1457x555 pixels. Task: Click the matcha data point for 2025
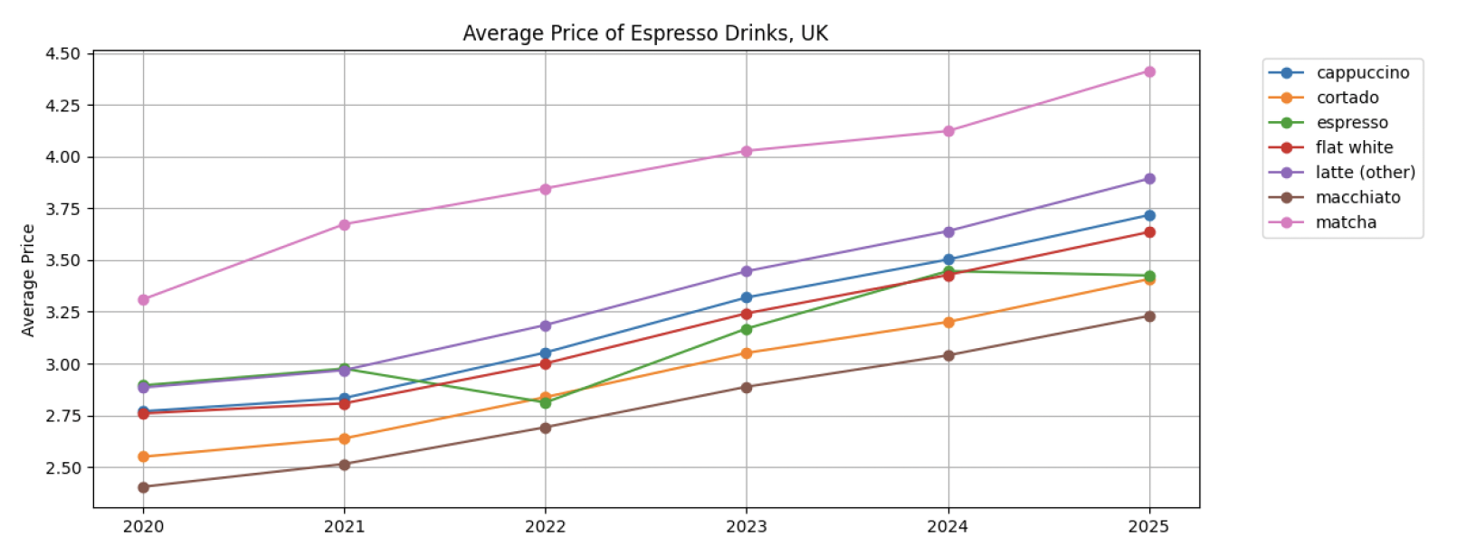(1149, 71)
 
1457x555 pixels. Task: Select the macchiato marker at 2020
(143, 487)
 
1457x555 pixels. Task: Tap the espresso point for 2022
(546, 403)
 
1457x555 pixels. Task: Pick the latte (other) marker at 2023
(747, 271)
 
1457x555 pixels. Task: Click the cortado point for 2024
(948, 323)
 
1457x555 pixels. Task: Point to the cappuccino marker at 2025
(1149, 215)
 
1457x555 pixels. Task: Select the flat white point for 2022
(546, 363)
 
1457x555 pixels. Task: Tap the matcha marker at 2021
(345, 224)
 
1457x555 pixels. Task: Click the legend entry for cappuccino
(1362, 72)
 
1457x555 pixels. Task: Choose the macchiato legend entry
(1357, 197)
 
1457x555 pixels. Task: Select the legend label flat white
(1354, 147)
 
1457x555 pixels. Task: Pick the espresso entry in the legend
(1351, 123)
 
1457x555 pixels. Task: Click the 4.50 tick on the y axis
(62, 53)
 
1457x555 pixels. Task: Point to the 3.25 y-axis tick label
(62, 313)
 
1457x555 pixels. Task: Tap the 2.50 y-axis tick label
(62, 468)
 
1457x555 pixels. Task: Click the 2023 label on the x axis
(747, 527)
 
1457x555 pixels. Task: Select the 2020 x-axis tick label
(143, 527)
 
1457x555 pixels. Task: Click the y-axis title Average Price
(28, 280)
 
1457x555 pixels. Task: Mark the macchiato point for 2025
(1149, 316)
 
